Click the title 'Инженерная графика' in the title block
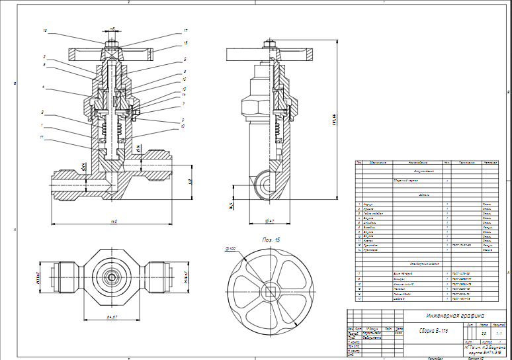(455, 316)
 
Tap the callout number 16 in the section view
(45, 30)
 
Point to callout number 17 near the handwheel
(186, 30)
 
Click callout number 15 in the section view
(186, 42)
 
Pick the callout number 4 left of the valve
(43, 87)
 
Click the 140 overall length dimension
(114, 221)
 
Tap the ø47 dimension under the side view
(269, 220)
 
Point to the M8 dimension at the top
(112, 30)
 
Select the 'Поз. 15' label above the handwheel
(271, 239)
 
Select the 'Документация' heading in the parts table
(424, 171)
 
